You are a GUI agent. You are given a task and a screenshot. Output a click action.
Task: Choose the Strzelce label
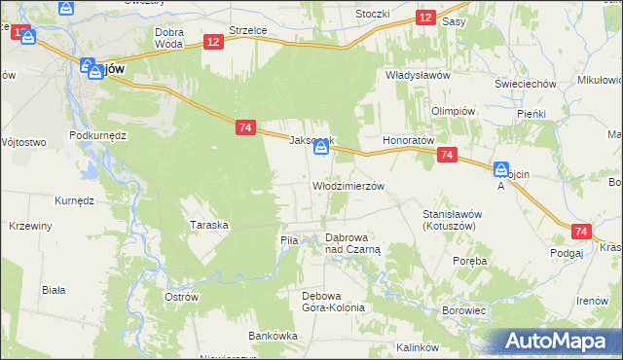(247, 31)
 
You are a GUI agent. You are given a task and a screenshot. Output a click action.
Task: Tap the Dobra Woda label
(169, 38)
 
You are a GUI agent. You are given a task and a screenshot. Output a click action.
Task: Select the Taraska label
(209, 225)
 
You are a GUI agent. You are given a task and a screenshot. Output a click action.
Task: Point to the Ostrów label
(182, 296)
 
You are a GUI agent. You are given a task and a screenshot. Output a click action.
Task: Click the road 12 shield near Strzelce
(214, 41)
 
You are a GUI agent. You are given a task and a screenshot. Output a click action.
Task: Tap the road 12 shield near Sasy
(425, 18)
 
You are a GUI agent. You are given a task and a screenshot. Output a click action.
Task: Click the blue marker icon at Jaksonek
(320, 146)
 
